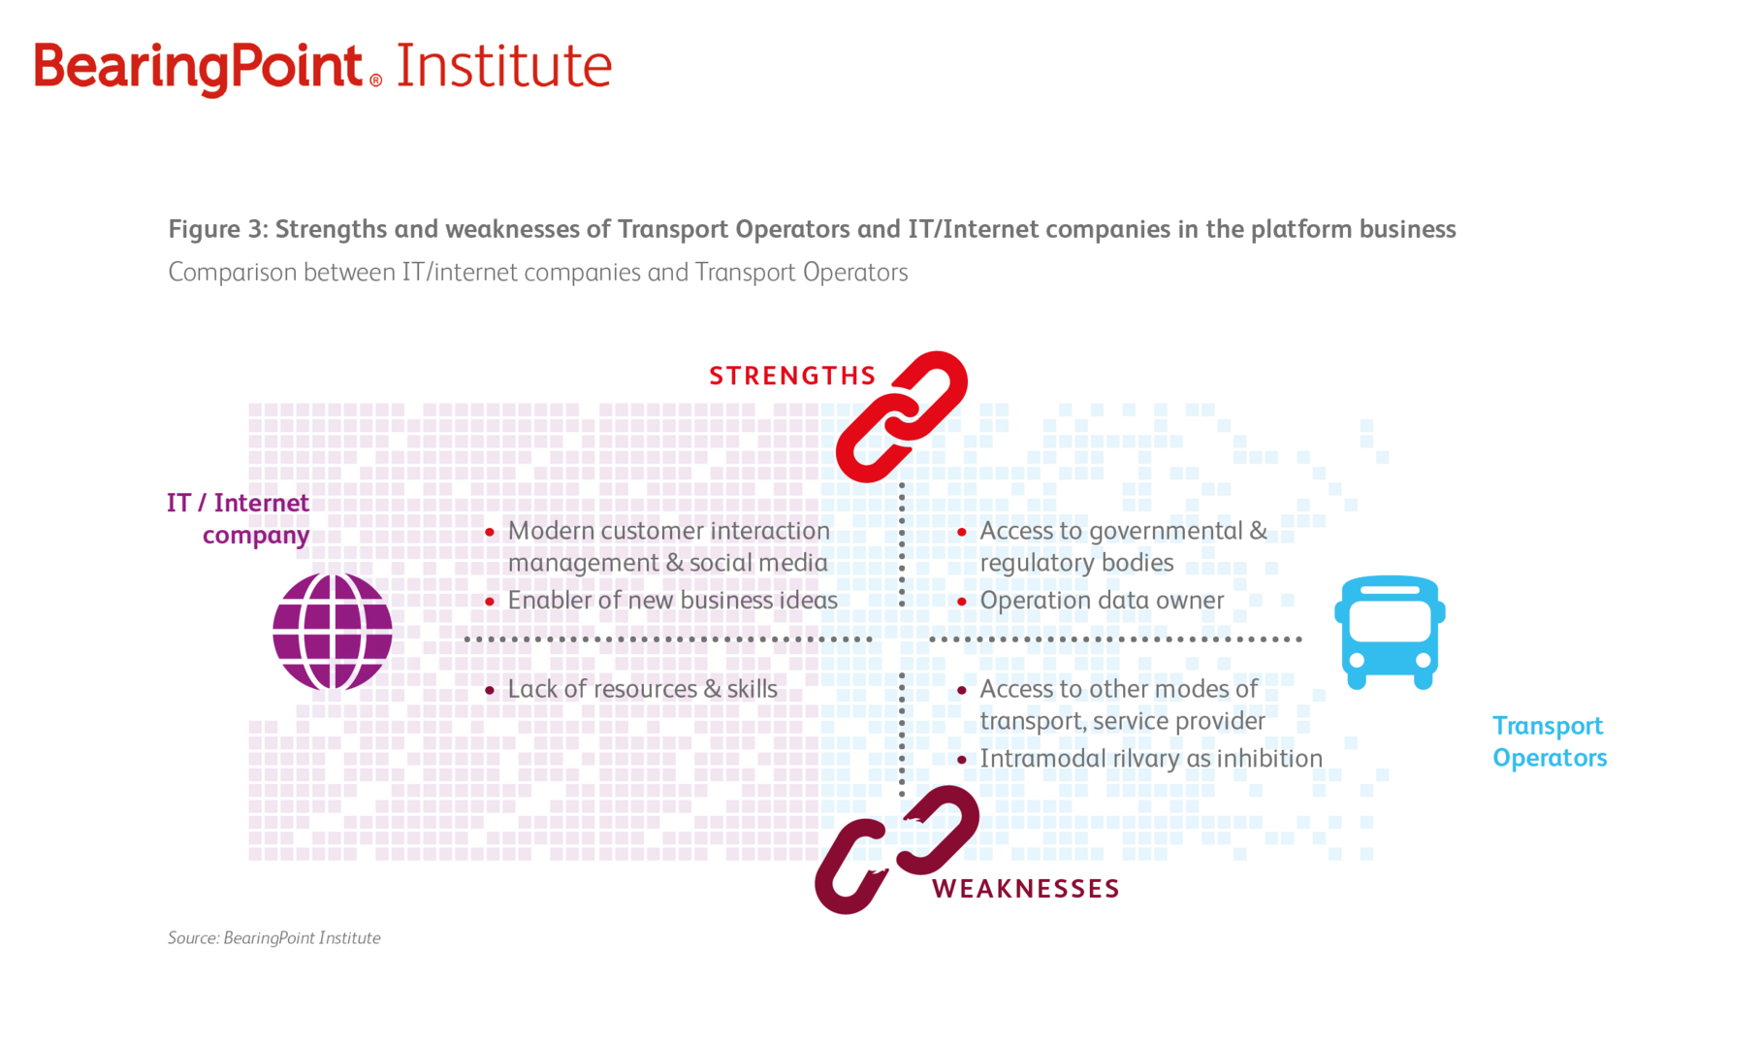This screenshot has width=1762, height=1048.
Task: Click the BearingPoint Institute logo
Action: [323, 67]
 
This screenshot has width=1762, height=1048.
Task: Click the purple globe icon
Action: [333, 632]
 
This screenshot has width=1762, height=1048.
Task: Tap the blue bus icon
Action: [1390, 633]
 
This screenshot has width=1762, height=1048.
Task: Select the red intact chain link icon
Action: [902, 416]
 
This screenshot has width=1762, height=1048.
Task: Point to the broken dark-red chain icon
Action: [897, 849]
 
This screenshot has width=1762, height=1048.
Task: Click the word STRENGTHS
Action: [792, 377]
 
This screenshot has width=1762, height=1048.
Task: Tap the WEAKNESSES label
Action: [1026, 889]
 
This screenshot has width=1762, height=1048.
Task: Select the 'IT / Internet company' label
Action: [238, 519]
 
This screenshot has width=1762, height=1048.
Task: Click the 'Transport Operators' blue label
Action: [1550, 741]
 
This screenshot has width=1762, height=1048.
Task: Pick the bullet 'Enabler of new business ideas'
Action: [672, 601]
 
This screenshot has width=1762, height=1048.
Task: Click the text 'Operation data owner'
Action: [1102, 601]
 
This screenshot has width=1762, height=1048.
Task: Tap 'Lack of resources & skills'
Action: [642, 689]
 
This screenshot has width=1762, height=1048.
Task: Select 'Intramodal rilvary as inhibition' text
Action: [1151, 758]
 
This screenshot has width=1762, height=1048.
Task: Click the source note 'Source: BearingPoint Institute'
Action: [273, 938]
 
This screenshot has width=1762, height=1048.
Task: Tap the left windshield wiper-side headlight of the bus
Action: [1358, 660]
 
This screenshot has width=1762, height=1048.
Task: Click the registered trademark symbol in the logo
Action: [375, 82]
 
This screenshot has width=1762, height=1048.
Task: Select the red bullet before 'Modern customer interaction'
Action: [490, 532]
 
